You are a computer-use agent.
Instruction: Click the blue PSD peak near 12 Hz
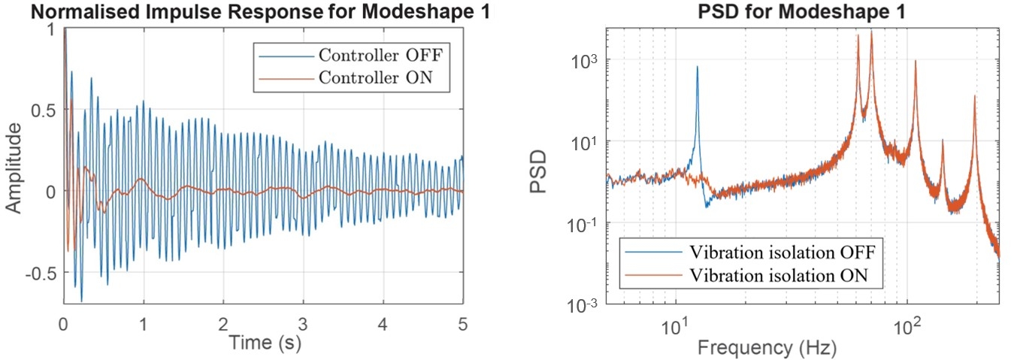pyautogui.click(x=697, y=68)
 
